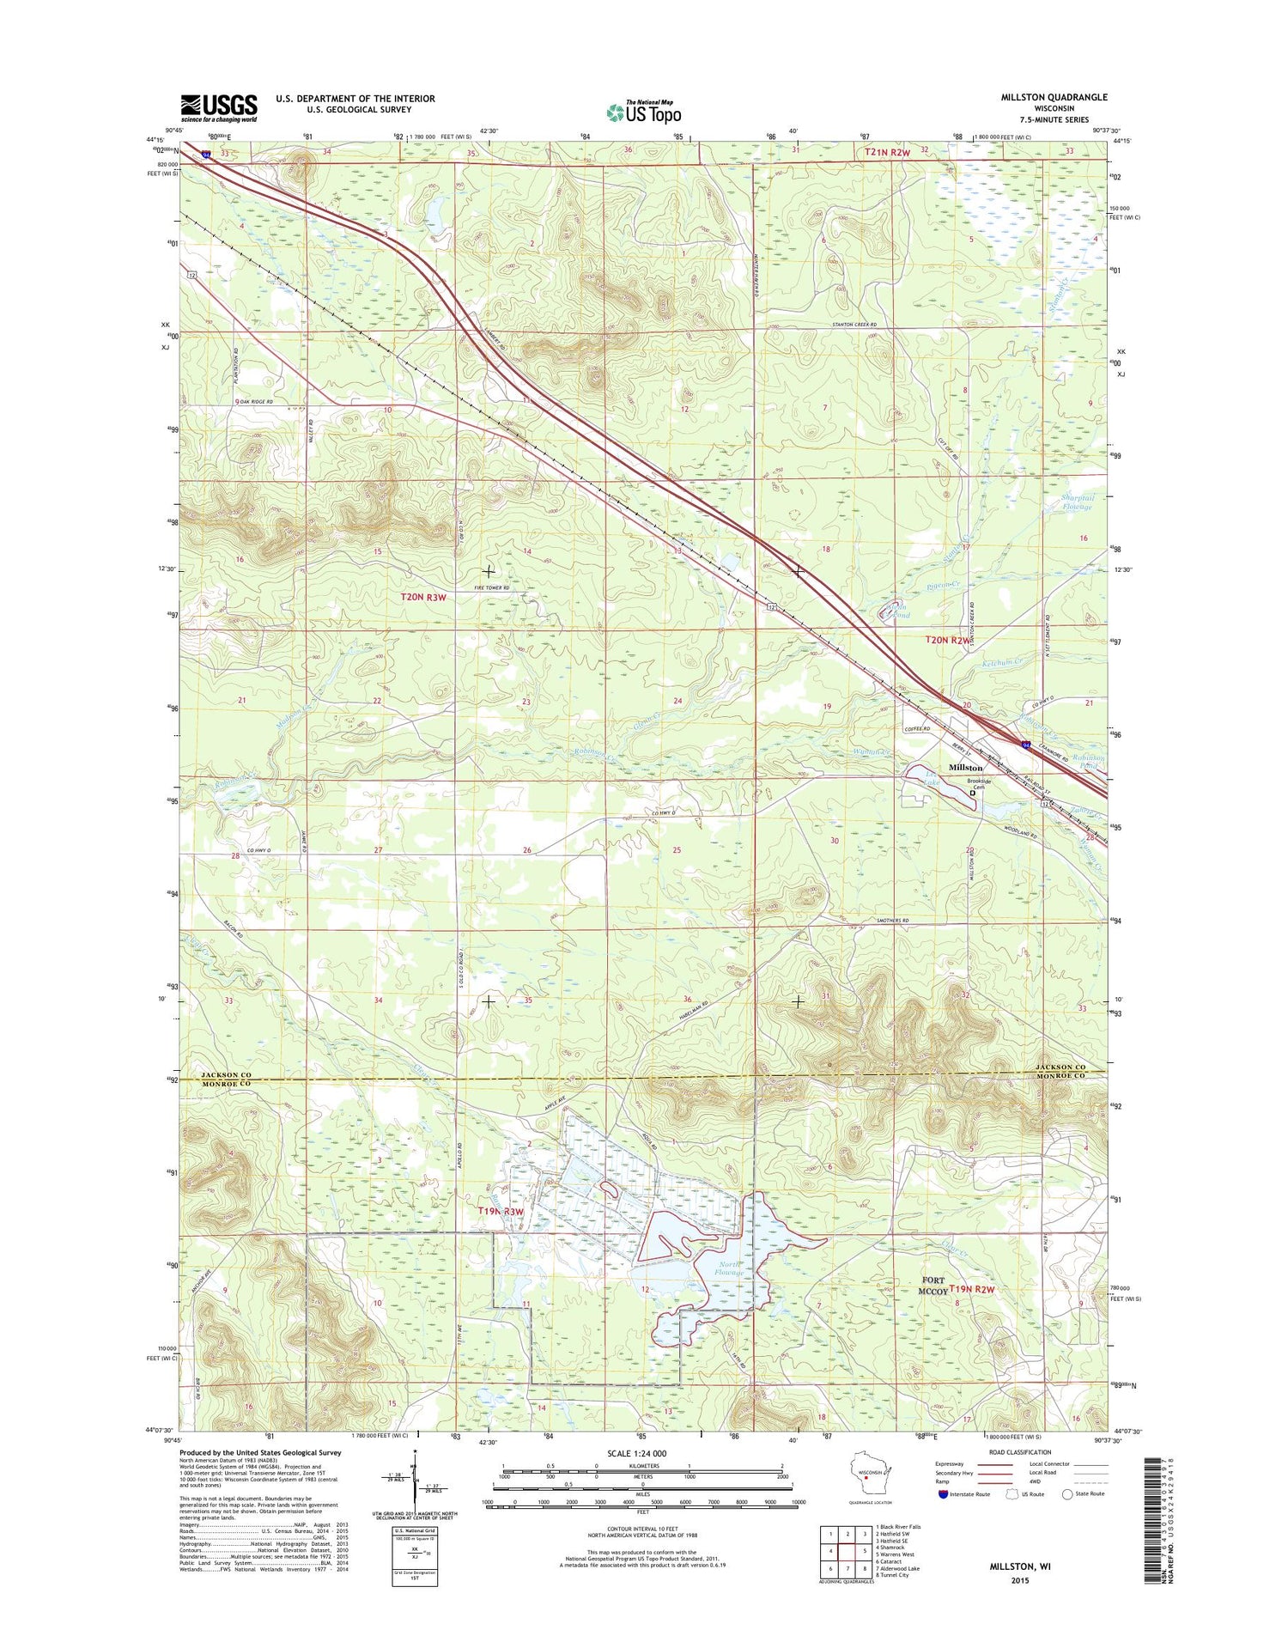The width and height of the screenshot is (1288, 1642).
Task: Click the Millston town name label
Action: pos(965,767)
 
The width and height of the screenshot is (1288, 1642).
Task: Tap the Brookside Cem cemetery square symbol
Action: pos(973,794)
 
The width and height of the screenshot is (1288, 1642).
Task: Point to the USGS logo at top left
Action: pos(219,108)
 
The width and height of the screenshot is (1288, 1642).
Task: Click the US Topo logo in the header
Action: pos(644,112)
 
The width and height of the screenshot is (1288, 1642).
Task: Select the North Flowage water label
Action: pos(732,1268)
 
